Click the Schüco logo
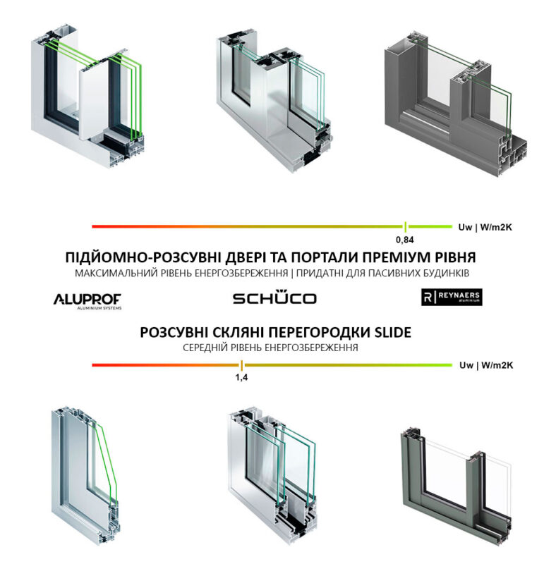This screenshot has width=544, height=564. point(274,298)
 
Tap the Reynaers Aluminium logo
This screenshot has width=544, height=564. point(451,298)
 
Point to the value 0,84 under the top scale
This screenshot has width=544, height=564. point(405,239)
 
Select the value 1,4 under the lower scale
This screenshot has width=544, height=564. point(241,377)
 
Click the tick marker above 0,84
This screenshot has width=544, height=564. point(405,226)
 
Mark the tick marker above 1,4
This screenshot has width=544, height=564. point(241,364)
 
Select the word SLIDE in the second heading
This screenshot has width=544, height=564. point(387,332)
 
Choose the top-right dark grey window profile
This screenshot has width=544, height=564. point(452,106)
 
